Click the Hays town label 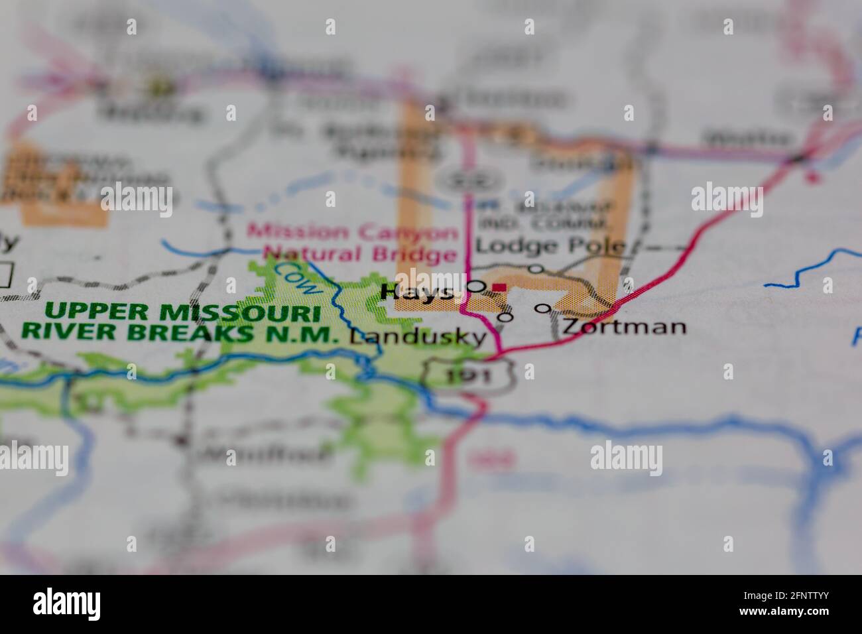click(418, 292)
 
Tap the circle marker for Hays click(476, 287)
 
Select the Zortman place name click(623, 326)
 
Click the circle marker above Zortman click(543, 308)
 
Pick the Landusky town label click(418, 337)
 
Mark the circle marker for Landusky click(505, 317)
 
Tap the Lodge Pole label click(550, 246)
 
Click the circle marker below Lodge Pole click(536, 269)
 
